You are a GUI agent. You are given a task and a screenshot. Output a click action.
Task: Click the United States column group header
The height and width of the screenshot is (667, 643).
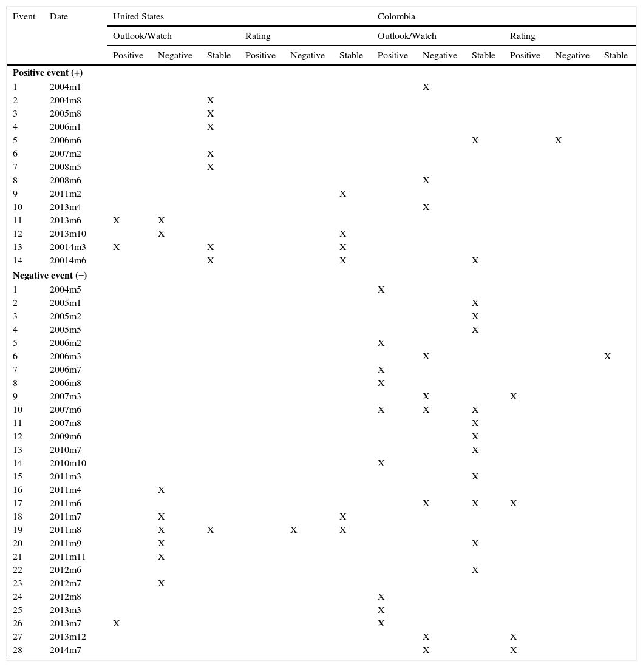tap(138, 16)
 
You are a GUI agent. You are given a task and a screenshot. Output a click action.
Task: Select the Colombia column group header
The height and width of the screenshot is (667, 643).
tap(396, 16)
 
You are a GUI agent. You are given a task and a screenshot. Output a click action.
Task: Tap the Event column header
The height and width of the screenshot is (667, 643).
tap(24, 16)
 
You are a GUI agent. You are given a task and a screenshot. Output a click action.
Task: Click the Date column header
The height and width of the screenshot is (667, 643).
tap(59, 16)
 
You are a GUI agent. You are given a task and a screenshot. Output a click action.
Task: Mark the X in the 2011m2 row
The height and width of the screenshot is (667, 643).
tap(343, 194)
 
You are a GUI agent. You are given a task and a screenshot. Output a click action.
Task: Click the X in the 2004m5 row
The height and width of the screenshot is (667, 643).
tap(381, 289)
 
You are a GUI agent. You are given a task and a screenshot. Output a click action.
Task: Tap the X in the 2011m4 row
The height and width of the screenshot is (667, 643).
tap(162, 490)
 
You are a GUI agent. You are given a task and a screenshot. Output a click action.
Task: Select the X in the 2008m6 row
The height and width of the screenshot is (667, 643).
tap(426, 180)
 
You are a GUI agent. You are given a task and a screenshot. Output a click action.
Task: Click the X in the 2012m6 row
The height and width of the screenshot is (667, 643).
tap(475, 570)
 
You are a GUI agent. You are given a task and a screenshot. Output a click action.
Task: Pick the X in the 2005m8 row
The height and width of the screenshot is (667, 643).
tap(211, 113)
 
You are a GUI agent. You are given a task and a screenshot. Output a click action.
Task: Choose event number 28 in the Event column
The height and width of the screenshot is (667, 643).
tap(18, 650)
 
